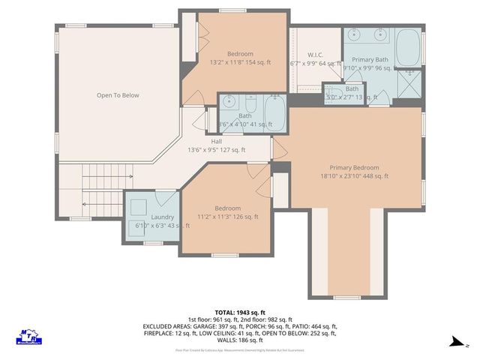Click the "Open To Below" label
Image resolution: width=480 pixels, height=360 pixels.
pyautogui.click(x=118, y=95)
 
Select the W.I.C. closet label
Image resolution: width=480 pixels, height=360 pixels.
pyautogui.click(x=315, y=54)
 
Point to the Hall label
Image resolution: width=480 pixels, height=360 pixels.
pyautogui.click(x=216, y=141)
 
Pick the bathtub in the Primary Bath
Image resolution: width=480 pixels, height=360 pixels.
pyautogui.click(x=409, y=49)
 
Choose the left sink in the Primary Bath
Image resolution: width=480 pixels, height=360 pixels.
pyautogui.click(x=355, y=34)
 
